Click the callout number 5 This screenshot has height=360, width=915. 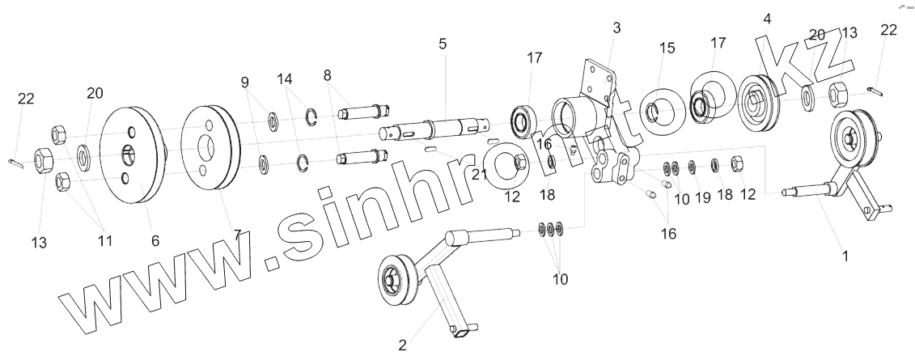(443, 43)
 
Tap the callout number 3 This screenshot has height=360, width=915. (616, 28)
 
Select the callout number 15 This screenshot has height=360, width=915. (667, 49)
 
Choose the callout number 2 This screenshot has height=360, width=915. (402, 345)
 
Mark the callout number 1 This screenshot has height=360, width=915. (845, 256)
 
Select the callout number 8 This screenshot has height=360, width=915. (328, 74)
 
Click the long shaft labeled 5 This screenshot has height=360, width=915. (437, 129)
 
